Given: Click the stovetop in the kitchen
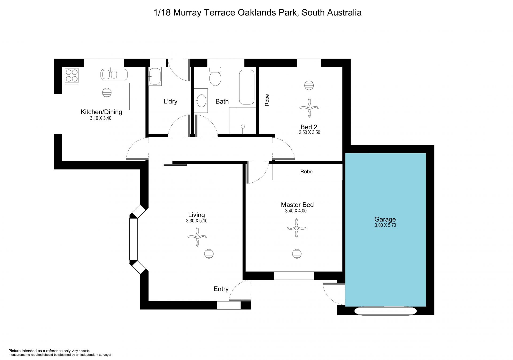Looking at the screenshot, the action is coord(72,75).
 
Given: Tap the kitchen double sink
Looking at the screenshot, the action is coord(114,75).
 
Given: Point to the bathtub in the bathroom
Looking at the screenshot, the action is coord(247,87).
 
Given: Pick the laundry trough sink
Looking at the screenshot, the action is coord(155,76).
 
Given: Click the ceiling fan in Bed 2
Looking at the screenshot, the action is coord(309,108).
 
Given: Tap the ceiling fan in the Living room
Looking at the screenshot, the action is coord(197,237).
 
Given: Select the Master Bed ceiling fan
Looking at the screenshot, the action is coord(297,228).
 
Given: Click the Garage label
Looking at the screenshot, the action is coord(385,220).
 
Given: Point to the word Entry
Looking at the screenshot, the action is coord(221,289).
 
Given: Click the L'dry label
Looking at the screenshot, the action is coord(170,101).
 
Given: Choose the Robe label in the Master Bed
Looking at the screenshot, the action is coord(306,171).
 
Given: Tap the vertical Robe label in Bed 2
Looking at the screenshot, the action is coord(267,100).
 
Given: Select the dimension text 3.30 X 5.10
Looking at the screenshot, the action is coord(197,221).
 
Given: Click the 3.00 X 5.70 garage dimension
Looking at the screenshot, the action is coord(385,225).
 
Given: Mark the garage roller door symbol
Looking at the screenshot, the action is coord(386,311).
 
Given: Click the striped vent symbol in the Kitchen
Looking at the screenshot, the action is coord(107,93).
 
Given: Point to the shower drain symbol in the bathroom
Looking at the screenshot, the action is coord(243,127).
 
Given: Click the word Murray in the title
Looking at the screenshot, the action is coord(187,13).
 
